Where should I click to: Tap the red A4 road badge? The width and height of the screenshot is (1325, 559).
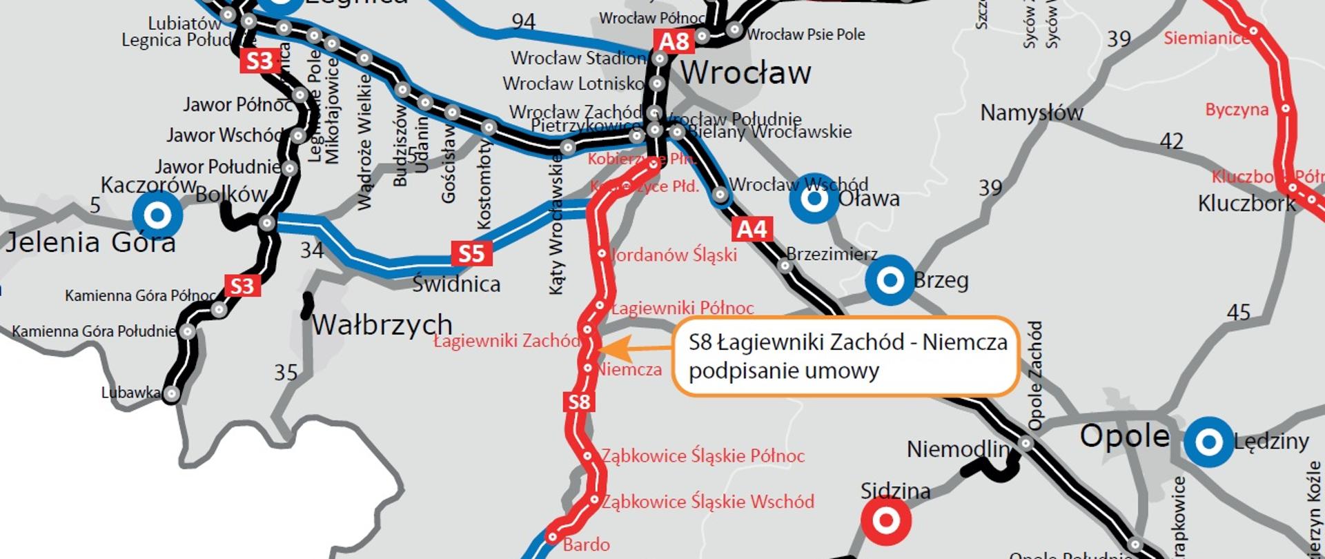point(752,229)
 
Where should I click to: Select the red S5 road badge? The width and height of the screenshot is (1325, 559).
point(472,253)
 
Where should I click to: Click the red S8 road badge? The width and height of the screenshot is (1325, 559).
point(578,402)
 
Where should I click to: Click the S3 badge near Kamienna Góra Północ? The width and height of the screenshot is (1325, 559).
point(242,286)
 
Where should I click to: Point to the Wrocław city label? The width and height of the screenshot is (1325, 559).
point(745,72)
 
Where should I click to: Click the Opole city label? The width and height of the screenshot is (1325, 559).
point(1124,436)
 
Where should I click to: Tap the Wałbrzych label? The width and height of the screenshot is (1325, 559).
point(382,324)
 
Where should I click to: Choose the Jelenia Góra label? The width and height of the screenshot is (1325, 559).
point(90,243)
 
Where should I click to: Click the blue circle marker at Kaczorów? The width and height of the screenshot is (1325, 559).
point(157,215)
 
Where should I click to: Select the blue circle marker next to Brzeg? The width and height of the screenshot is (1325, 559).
point(890,280)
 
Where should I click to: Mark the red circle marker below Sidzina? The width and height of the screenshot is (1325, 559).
point(886,521)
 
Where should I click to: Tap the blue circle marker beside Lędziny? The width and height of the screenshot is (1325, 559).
point(1208,442)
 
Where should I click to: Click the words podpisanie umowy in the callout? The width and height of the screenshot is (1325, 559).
point(784,371)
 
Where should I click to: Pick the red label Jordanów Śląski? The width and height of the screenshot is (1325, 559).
point(674,255)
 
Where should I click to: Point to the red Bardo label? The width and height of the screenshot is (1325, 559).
point(586,545)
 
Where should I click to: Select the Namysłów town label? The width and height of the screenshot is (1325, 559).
point(1032,112)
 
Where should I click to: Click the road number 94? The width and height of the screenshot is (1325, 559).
point(523,22)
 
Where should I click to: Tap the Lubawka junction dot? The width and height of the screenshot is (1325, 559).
point(171,394)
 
